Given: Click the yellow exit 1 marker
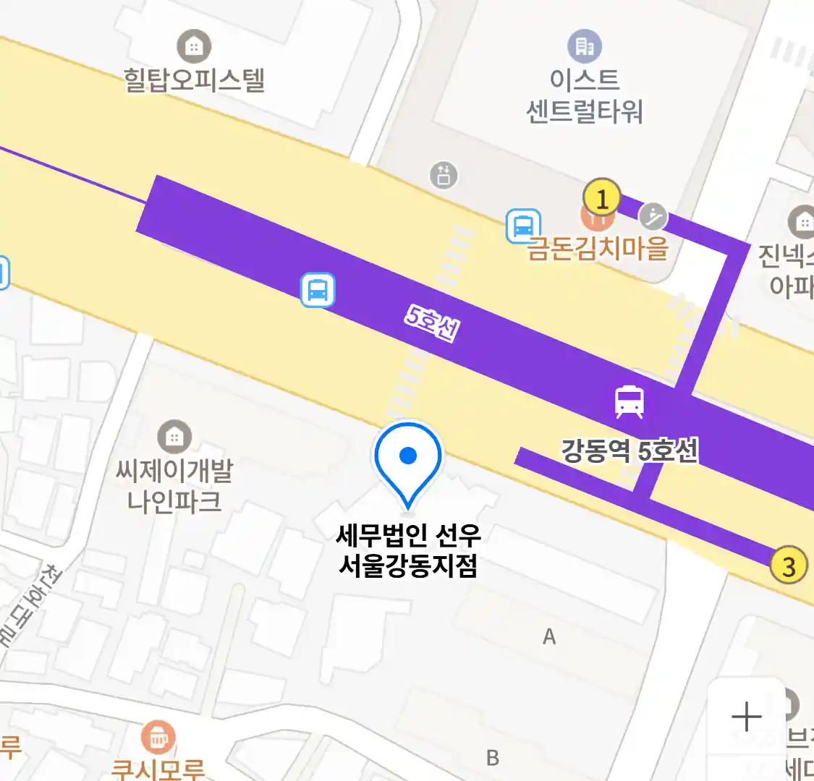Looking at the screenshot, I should tap(601, 197).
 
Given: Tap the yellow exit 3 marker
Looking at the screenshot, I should tap(788, 565).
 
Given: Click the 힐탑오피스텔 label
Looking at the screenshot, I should tap(194, 80).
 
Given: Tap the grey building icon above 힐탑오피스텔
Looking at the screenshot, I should tap(193, 47).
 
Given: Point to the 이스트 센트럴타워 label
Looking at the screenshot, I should tap(584, 95).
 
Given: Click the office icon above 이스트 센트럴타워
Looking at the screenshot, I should tap(584, 47).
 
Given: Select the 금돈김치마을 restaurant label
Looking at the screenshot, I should tap(598, 248).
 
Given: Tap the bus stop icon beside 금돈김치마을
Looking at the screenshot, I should tap(522, 226).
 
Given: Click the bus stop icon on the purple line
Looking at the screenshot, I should tap(318, 290).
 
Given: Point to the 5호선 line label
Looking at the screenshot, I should tap(432, 323).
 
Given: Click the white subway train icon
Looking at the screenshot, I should tap(629, 401).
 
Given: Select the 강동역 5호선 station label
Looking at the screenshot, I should tap(629, 451).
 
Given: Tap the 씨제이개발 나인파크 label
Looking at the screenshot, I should tap(174, 486).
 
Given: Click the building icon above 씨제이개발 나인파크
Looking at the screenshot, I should tap(174, 437).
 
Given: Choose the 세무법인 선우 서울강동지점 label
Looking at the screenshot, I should tap(408, 550).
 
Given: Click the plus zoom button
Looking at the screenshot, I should tap(746, 717).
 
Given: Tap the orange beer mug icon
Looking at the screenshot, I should tap(158, 737).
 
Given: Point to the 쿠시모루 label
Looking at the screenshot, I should tap(158, 769).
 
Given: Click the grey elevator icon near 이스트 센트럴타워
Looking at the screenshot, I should tap(444, 174).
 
